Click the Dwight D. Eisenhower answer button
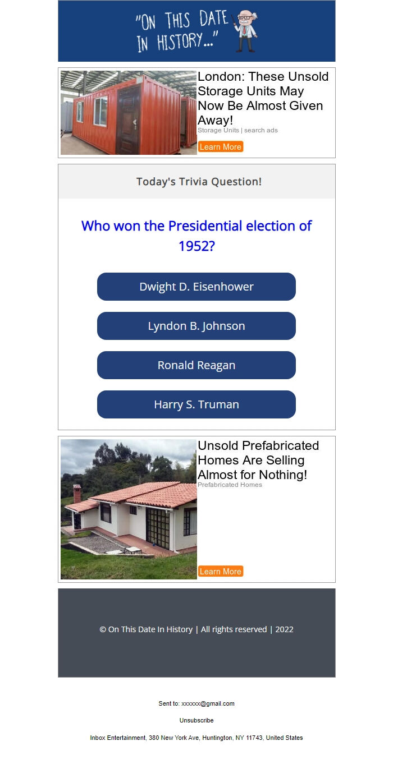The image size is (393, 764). point(196,287)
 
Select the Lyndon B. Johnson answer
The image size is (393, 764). point(196,326)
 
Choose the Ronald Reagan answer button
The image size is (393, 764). point(196,365)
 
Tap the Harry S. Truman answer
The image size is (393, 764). point(196,404)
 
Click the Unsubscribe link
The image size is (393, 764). point(196,720)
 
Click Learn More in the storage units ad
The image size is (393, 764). point(220,147)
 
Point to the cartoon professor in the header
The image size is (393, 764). point(245,31)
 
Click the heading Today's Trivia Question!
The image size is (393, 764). point(199,182)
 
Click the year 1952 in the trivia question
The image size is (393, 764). point(196,246)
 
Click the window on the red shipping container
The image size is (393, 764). point(101,111)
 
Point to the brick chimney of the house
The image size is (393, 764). point(77,493)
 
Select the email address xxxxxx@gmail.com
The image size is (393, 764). point(208,703)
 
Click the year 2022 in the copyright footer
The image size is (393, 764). point(284,629)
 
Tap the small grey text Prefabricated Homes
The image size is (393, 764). point(230,485)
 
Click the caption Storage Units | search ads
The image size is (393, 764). point(237,130)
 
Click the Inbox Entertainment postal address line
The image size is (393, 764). point(196,738)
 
